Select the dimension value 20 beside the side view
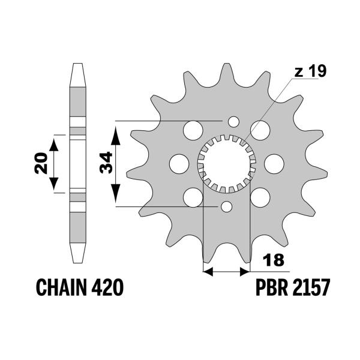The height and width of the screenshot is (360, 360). click(x=41, y=163)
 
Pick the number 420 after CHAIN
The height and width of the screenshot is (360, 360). click(x=109, y=289)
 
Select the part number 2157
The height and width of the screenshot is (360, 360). click(x=310, y=289)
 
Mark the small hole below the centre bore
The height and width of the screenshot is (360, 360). click(x=226, y=207)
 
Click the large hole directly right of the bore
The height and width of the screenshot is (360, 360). click(x=273, y=163)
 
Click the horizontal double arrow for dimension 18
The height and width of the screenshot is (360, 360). click(x=226, y=272)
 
